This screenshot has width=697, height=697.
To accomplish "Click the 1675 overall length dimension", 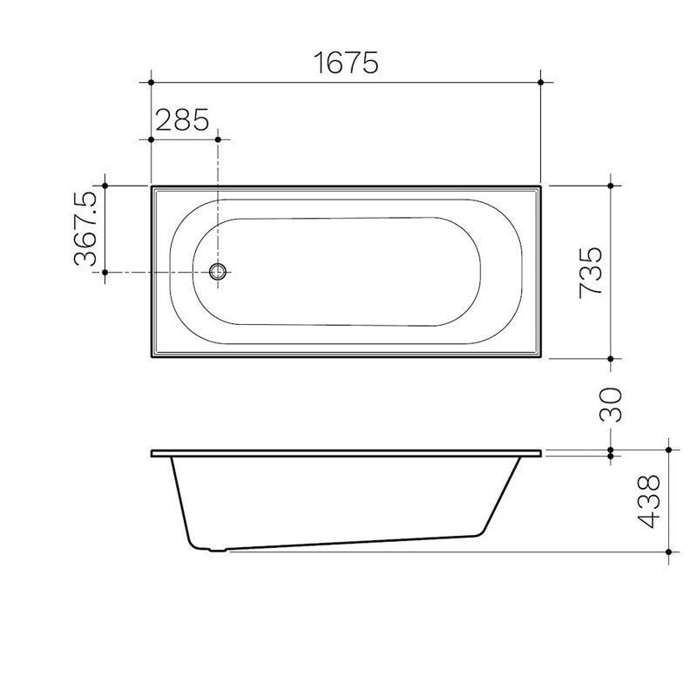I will tap(345, 63).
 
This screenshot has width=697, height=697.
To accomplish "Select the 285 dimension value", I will tap(182, 119).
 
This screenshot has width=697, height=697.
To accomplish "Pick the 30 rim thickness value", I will tap(612, 403).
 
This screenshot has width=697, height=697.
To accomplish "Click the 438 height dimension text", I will tap(649, 502).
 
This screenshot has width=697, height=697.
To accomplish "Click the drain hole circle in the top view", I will tap(219, 273).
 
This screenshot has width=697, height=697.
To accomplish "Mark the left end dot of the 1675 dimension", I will tap(152, 83).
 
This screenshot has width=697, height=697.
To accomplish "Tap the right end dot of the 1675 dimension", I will tap(542, 83).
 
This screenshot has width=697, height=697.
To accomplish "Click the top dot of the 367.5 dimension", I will tap(105, 186).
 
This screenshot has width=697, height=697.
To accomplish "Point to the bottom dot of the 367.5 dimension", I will tap(105, 273).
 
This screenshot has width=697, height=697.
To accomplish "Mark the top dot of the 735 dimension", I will tap(611, 186).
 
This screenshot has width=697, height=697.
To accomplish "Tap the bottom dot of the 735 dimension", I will tap(611, 358).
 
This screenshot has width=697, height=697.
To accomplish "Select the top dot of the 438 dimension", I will tap(667, 450).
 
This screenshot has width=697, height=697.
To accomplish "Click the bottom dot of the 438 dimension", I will tap(667, 552).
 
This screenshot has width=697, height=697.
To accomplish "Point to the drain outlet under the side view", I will tap(215, 550).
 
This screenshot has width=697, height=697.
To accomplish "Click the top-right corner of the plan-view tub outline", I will tap(541, 186).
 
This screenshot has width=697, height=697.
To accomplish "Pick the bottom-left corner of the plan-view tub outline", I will tap(152, 357).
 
